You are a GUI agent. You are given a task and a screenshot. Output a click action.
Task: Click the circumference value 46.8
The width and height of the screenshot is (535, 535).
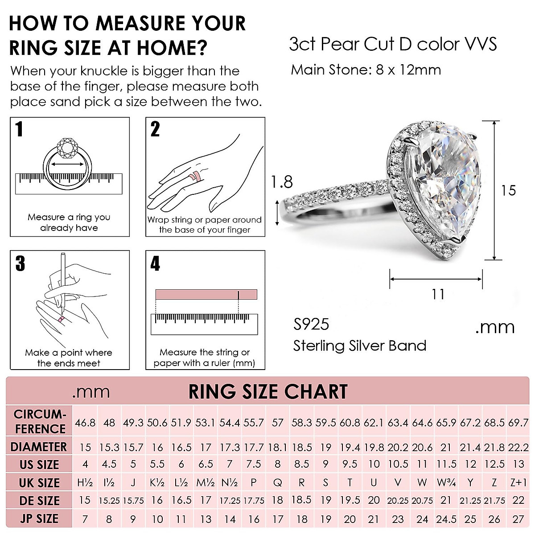[85, 422]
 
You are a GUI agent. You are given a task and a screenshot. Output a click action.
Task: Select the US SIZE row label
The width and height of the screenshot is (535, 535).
[39, 465]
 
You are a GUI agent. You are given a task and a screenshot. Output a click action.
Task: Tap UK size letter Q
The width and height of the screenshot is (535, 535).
[277, 482]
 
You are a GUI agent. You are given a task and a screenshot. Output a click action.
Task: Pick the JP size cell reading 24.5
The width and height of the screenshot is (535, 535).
[446, 519]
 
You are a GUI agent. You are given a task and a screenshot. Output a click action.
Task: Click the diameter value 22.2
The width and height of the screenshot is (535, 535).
[518, 447]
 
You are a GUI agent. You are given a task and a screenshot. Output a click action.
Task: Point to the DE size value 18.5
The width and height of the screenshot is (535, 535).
[301, 500]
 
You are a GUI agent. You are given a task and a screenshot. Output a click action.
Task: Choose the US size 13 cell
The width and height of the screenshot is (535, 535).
[518, 465]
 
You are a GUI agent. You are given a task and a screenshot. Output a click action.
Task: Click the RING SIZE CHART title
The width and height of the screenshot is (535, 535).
[268, 392]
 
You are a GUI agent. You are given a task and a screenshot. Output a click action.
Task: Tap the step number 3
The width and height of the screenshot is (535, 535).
[20, 263]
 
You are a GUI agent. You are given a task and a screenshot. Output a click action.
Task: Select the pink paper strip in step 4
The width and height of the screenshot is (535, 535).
[206, 294]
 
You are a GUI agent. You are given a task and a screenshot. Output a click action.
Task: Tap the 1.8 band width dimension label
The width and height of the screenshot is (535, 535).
[282, 182]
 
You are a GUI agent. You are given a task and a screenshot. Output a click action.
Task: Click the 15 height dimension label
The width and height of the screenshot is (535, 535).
[508, 190]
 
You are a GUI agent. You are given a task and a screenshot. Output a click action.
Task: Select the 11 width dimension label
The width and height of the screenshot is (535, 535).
[438, 294]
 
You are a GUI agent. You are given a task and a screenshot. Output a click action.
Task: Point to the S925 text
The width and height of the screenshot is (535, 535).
[311, 324]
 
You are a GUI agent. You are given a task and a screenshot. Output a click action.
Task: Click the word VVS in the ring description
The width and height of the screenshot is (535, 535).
[479, 44]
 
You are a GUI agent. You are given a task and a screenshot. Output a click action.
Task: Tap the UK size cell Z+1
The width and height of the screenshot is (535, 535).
[518, 482]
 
